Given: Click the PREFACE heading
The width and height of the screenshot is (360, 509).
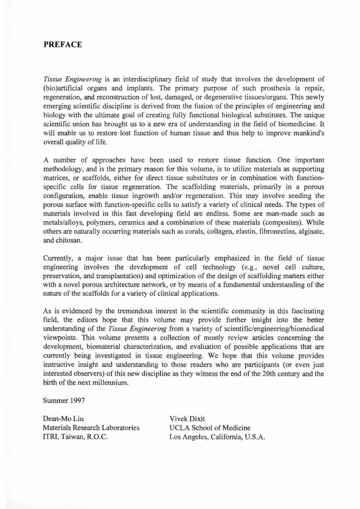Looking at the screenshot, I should click(63, 45).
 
